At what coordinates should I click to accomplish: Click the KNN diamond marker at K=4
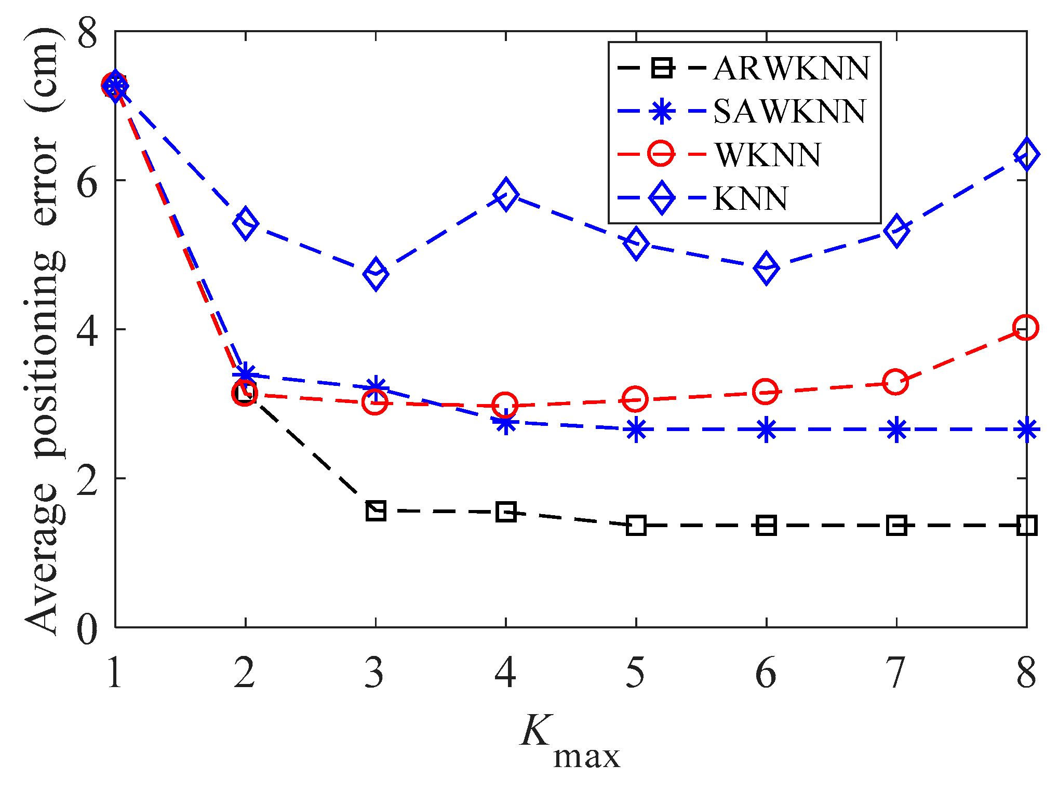(506, 195)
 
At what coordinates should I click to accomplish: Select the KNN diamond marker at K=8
(1026, 154)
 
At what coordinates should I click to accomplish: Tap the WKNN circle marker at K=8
(1026, 328)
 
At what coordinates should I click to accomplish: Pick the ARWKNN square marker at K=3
(376, 511)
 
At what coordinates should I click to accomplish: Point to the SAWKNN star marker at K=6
(766, 430)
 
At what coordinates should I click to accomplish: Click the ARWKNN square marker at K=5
(636, 526)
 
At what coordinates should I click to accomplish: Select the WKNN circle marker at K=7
(895, 382)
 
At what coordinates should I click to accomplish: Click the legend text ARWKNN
(792, 68)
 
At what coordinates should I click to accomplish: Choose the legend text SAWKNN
(789, 111)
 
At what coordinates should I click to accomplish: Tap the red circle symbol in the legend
(661, 154)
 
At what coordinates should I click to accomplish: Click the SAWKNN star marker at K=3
(376, 387)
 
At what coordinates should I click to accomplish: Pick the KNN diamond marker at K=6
(766, 268)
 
